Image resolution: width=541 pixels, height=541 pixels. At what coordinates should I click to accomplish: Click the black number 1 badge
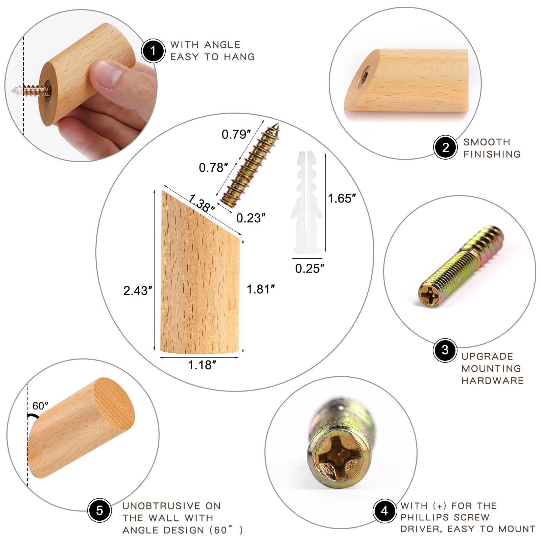[153, 51]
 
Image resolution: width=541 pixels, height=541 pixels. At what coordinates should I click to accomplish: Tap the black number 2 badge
[445, 147]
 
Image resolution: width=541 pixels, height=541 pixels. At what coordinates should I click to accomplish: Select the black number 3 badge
[445, 350]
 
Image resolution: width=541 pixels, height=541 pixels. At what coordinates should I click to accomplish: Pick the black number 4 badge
[384, 511]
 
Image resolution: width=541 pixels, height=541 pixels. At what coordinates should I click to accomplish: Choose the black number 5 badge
[99, 510]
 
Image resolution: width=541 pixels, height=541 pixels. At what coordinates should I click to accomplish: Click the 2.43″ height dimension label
[138, 290]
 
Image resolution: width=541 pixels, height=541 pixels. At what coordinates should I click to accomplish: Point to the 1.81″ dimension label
[260, 289]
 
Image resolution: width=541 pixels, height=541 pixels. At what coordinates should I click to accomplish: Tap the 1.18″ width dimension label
[202, 365]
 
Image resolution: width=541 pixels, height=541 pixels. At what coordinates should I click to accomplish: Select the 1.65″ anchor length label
[342, 198]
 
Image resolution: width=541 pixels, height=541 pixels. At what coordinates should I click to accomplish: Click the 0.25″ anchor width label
[310, 268]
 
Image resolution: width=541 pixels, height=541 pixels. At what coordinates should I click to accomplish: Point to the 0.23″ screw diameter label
[251, 218]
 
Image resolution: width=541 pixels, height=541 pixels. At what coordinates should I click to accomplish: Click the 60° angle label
[40, 405]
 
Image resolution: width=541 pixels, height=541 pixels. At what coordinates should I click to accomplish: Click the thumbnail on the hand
[105, 73]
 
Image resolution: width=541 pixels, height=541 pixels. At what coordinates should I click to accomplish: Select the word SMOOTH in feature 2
[487, 142]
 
